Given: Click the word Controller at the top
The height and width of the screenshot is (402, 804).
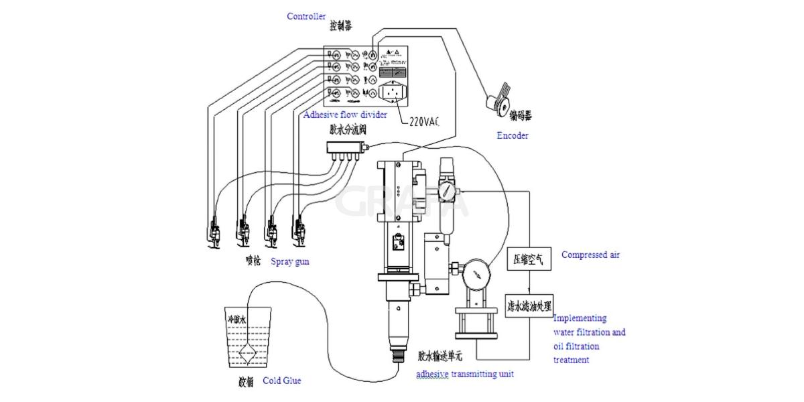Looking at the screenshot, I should coord(306,16).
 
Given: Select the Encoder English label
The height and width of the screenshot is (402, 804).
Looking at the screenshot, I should coord(513,135).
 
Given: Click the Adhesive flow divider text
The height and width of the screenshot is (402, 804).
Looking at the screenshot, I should coord(345,115).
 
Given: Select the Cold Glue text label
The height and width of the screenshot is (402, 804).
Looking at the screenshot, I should coord(281,381).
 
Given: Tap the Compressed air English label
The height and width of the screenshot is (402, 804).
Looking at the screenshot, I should coord(590,255).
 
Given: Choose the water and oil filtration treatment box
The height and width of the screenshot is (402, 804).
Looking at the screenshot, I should coord(529,306).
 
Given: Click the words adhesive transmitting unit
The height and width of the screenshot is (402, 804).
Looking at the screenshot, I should coord(464,374).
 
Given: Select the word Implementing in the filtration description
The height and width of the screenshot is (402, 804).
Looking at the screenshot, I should coord(580,318).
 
